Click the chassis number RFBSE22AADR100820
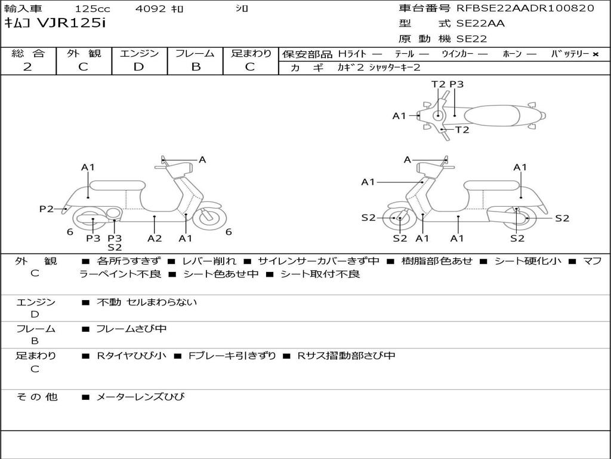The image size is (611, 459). click(525, 8)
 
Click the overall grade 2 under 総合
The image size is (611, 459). click(27, 67)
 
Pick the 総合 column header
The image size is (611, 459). click(27, 53)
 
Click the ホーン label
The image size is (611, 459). click(511, 54)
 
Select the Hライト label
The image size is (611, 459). click(352, 54)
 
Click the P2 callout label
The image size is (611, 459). click(47, 209)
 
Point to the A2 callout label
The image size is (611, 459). click(155, 238)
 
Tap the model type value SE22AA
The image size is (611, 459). click(480, 24)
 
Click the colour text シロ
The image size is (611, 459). click(242, 9)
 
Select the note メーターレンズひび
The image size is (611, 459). click(140, 397)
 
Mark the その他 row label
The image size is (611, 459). click(36, 397)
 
